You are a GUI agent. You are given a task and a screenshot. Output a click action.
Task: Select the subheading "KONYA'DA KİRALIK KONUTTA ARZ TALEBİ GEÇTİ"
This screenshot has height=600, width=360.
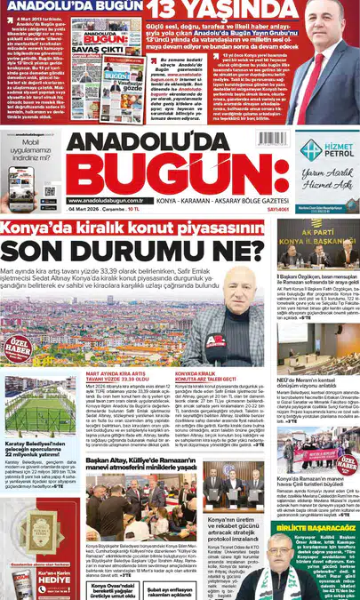(x=210, y=377)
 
